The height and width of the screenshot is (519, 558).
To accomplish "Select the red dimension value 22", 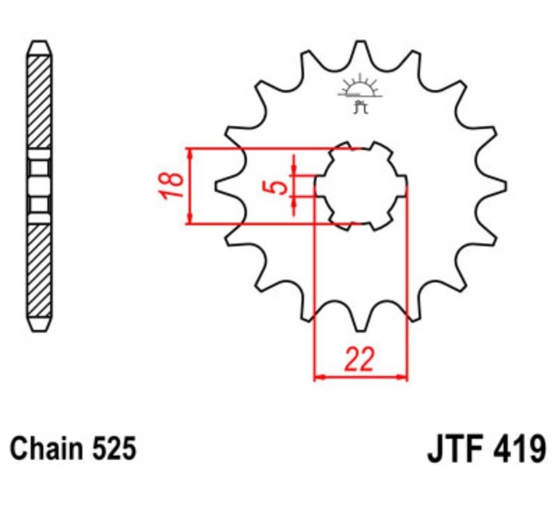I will click(x=360, y=360).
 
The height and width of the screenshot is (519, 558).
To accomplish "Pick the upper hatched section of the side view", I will click(x=39, y=104).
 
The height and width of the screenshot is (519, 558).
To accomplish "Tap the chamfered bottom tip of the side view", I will click(x=39, y=325).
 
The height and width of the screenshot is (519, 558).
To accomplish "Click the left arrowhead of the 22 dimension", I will click(x=320, y=375).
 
